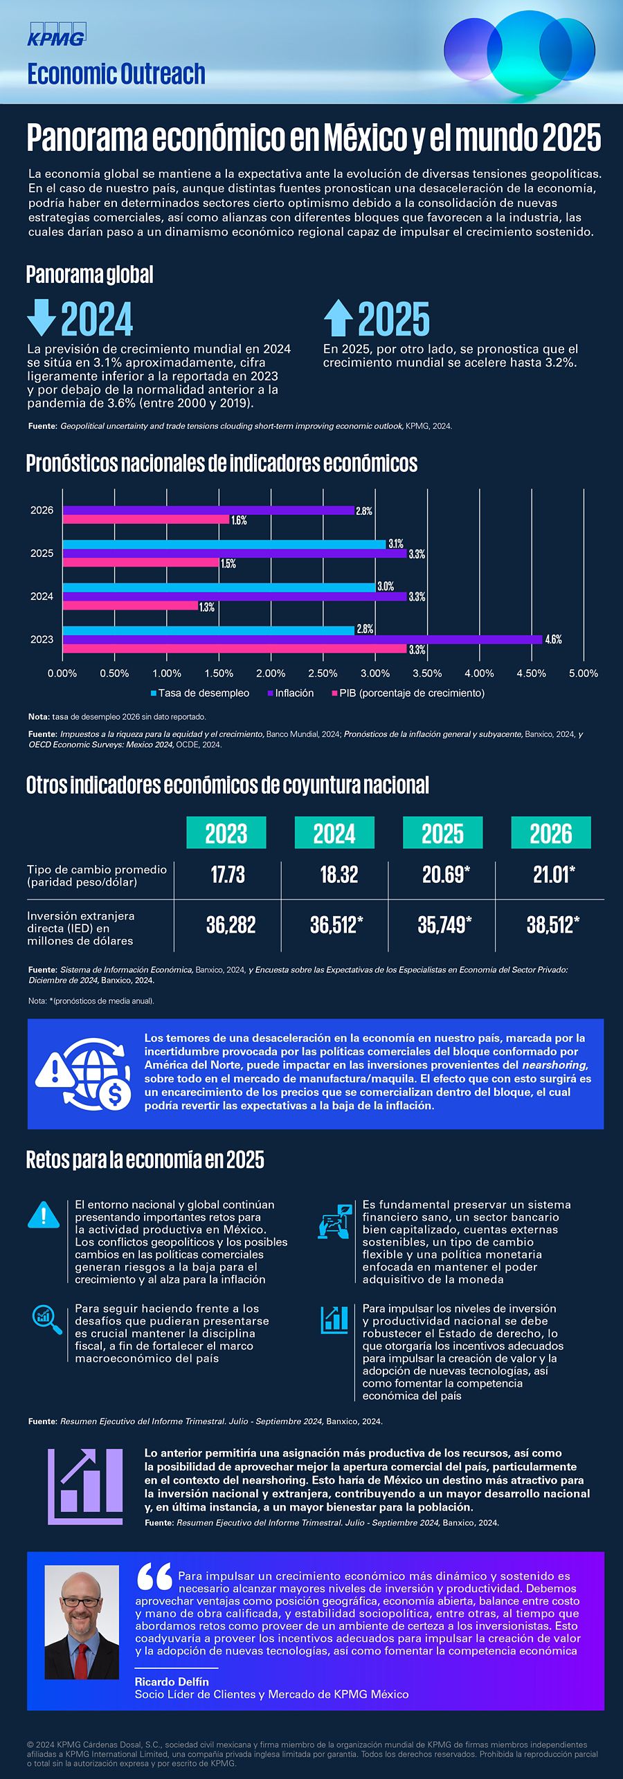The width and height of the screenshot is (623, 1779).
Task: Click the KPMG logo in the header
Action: (x=56, y=35)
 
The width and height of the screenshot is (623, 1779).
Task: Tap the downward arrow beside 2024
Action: (x=41, y=317)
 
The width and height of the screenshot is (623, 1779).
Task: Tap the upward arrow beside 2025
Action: (x=338, y=318)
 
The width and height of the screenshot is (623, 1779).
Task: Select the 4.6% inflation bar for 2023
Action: (x=302, y=639)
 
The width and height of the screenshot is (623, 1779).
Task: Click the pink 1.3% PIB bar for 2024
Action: (x=130, y=606)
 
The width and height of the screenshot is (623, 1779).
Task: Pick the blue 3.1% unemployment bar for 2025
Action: (x=224, y=545)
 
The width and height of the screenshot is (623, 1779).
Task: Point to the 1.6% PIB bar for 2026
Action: (x=145, y=520)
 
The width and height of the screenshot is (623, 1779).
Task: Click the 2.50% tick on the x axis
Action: (x=323, y=673)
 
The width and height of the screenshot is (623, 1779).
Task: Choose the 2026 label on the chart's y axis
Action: (x=42, y=511)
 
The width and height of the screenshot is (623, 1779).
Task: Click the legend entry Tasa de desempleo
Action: (x=200, y=693)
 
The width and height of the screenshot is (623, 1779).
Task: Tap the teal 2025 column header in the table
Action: (x=442, y=833)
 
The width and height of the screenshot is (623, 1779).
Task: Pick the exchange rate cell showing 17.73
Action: (x=228, y=875)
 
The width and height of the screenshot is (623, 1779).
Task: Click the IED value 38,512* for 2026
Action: (x=552, y=925)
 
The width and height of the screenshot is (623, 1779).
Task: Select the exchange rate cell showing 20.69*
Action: (x=445, y=875)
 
